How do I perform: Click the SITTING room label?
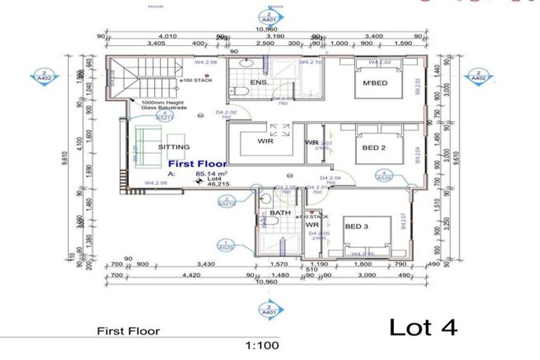click(x=174, y=147)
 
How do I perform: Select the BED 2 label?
click(x=373, y=148)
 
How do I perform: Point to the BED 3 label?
click(x=357, y=226)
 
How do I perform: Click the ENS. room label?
click(x=259, y=83)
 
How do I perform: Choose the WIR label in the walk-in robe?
click(x=265, y=141)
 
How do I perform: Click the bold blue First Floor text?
click(x=197, y=163)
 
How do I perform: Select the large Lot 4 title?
click(x=423, y=327)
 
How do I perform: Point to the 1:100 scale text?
click(x=262, y=345)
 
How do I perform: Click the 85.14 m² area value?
click(x=205, y=173)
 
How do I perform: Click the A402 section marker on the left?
click(x=44, y=75)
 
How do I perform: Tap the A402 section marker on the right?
click(x=479, y=75)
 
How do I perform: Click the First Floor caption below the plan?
click(x=128, y=331)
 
